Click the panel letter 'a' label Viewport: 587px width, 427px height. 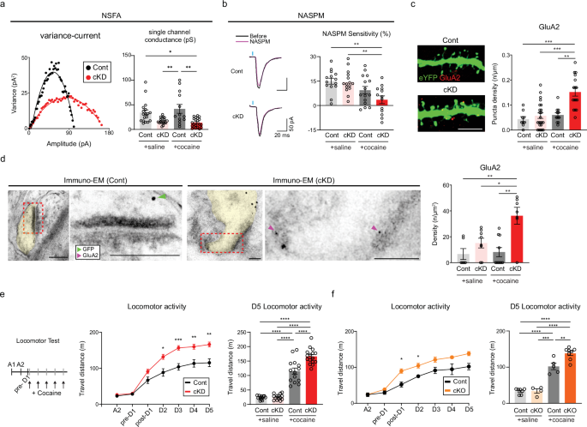point(5,6)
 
